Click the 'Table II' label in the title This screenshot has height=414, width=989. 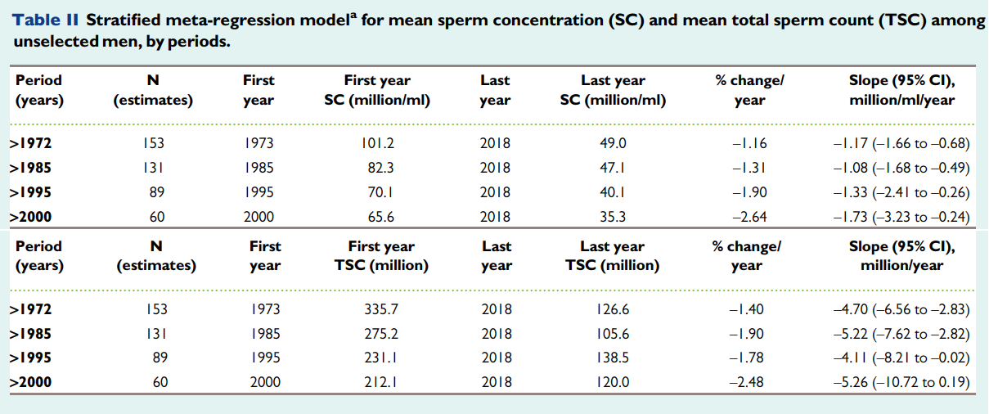tap(46, 20)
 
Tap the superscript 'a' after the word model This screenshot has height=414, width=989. tap(353, 16)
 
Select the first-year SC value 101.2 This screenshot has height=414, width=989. tap(377, 143)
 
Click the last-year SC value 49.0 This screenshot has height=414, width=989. tap(613, 143)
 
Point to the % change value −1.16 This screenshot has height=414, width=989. tap(749, 143)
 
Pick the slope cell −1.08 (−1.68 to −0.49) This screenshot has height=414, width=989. tap(901, 168)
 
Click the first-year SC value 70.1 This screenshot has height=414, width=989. tap(380, 192)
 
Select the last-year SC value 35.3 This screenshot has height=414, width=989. tap(613, 217)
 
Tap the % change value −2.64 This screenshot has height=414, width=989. tap(749, 217)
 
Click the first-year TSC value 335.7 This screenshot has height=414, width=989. tap(381, 309)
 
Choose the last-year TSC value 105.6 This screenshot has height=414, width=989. tap(613, 334)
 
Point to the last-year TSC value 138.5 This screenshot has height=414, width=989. tap(613, 358)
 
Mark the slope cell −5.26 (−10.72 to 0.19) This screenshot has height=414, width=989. tap(901, 382)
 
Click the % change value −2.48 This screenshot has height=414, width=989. tap(746, 382)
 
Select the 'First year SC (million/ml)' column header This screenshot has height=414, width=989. tap(377, 90)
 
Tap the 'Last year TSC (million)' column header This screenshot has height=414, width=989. tap(613, 255)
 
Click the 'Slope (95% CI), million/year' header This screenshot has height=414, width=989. tap(902, 255)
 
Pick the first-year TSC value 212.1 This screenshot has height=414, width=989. tap(381, 382)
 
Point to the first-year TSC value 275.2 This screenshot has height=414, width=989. tap(381, 334)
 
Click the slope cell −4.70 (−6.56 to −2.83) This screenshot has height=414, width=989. tap(901, 309)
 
